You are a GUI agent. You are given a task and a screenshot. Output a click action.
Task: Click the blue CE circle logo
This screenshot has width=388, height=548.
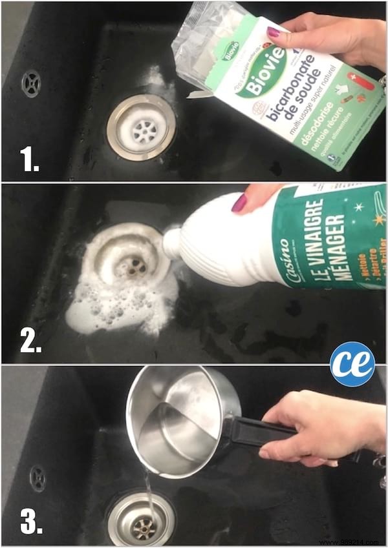352,363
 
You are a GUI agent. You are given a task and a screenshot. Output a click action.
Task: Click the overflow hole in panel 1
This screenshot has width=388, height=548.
30,83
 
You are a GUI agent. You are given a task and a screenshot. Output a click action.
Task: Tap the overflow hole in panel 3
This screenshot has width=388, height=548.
38,478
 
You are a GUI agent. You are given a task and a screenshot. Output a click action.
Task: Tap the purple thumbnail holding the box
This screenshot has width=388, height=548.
274,32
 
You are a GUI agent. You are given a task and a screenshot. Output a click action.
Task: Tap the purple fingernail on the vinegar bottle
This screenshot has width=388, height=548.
239,203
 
